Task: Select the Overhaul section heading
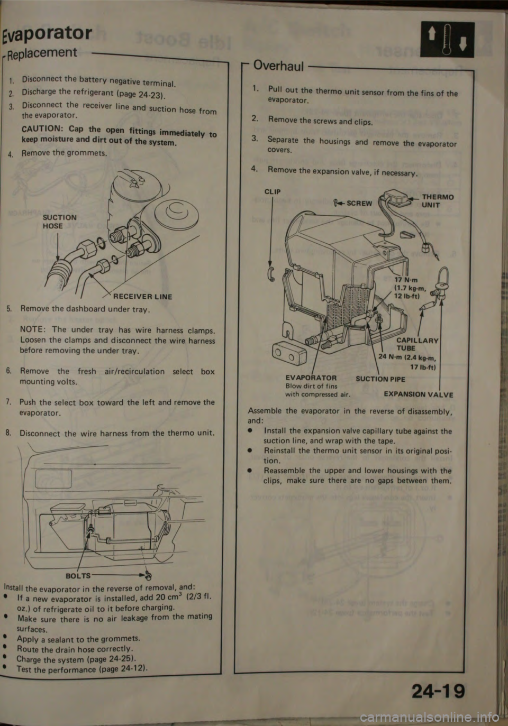tap(279, 66)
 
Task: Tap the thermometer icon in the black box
tap(447, 40)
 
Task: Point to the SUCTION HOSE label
tap(60, 222)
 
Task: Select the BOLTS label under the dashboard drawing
tap(78, 576)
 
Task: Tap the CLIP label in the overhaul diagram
tap(273, 191)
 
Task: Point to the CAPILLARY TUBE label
tap(417, 344)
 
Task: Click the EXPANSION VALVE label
tap(419, 394)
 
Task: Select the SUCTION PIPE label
tap(380, 379)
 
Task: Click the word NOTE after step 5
tap(32, 329)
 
